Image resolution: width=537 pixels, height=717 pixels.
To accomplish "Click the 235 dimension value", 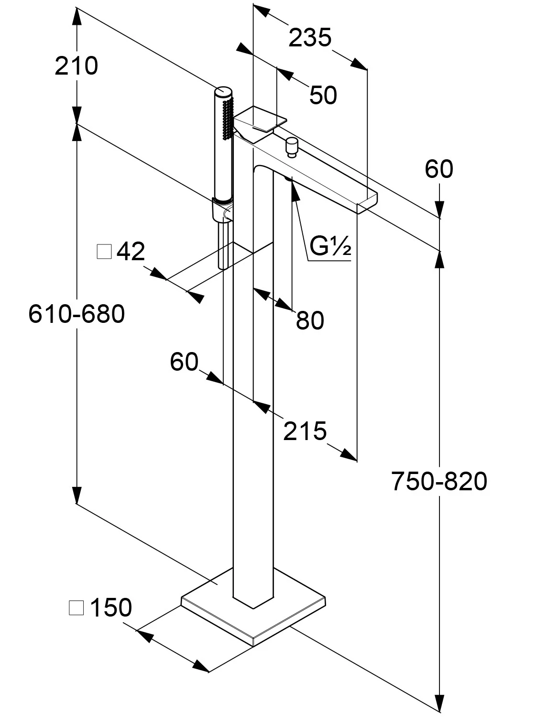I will [x=310, y=38].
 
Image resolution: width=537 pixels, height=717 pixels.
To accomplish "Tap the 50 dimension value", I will [x=323, y=95].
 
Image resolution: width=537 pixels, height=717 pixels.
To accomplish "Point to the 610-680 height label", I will [x=77, y=314].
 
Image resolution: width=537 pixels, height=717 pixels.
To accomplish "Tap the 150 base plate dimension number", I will [x=110, y=607].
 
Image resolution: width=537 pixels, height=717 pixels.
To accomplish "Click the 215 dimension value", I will [x=305, y=431].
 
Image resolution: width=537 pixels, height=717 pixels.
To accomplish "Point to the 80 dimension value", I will [x=310, y=320].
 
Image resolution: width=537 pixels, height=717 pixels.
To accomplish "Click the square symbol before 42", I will [x=104, y=251].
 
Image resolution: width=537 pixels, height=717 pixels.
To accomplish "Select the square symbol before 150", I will [x=77, y=608].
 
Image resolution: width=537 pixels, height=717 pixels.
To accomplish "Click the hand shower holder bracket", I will [x=221, y=210].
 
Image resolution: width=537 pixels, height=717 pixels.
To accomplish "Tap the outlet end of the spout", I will [x=367, y=201].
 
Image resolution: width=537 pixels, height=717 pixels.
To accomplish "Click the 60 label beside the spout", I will [x=438, y=169].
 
